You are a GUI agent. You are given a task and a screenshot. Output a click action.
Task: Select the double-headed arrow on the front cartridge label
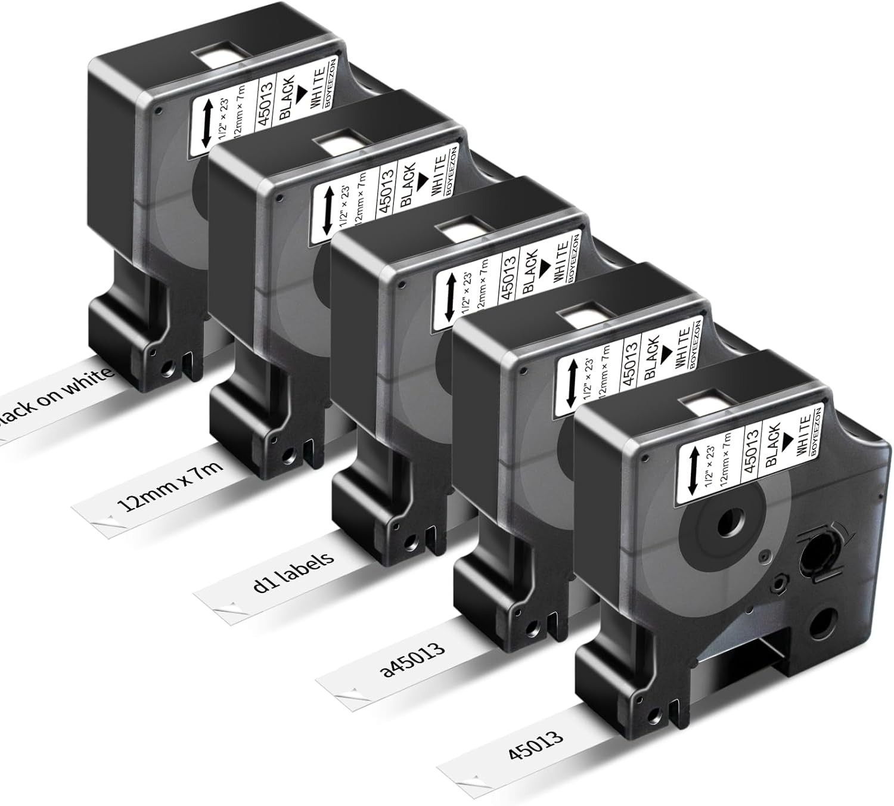click(x=693, y=470)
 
